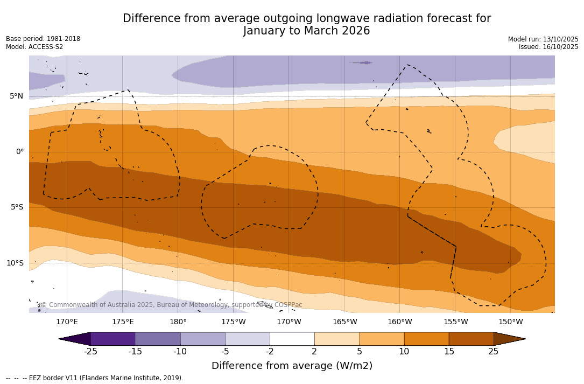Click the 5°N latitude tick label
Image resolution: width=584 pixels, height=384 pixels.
[x=16, y=96]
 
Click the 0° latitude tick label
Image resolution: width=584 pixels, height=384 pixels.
[x=19, y=152]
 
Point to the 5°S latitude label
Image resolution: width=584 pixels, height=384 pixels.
[x=16, y=207]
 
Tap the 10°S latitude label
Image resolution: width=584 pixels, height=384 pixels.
[x=15, y=263]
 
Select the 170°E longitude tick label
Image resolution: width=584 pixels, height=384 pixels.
[x=67, y=322]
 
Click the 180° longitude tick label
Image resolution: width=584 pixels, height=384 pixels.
[x=178, y=322]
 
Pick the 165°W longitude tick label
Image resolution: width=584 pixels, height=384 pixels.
[x=344, y=322]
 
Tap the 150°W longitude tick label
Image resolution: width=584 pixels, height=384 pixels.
[x=510, y=322]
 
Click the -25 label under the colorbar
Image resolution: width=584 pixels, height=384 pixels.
[x=90, y=352]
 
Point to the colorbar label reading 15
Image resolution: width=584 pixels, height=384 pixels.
[x=448, y=352]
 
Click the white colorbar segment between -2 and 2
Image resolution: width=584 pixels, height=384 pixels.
[x=292, y=339]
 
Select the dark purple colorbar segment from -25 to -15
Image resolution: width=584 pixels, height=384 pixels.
[x=113, y=339]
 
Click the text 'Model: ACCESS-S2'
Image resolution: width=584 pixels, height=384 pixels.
[x=34, y=47]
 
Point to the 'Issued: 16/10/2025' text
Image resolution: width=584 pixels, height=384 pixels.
[x=548, y=47]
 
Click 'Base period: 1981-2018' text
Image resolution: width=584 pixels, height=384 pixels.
[x=43, y=39]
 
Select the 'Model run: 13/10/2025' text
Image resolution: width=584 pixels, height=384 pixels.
[x=543, y=39]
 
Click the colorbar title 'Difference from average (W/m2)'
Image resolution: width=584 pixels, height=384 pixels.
[x=292, y=366]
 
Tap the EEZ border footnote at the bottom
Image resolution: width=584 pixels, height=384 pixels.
[x=95, y=378]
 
